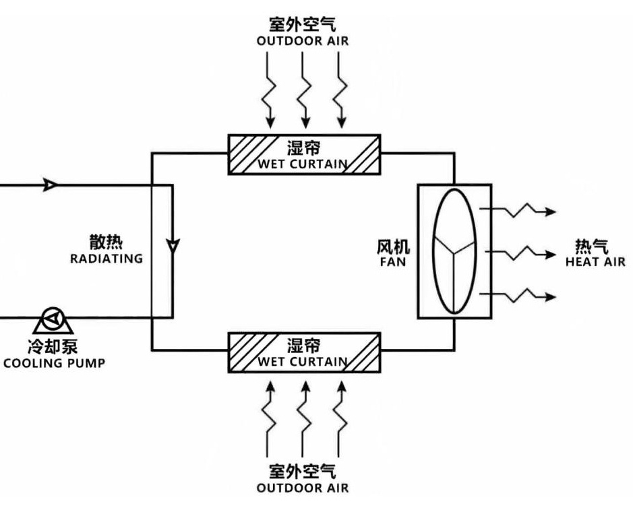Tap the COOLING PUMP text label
(54, 364)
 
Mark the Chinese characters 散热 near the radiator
(107, 243)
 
